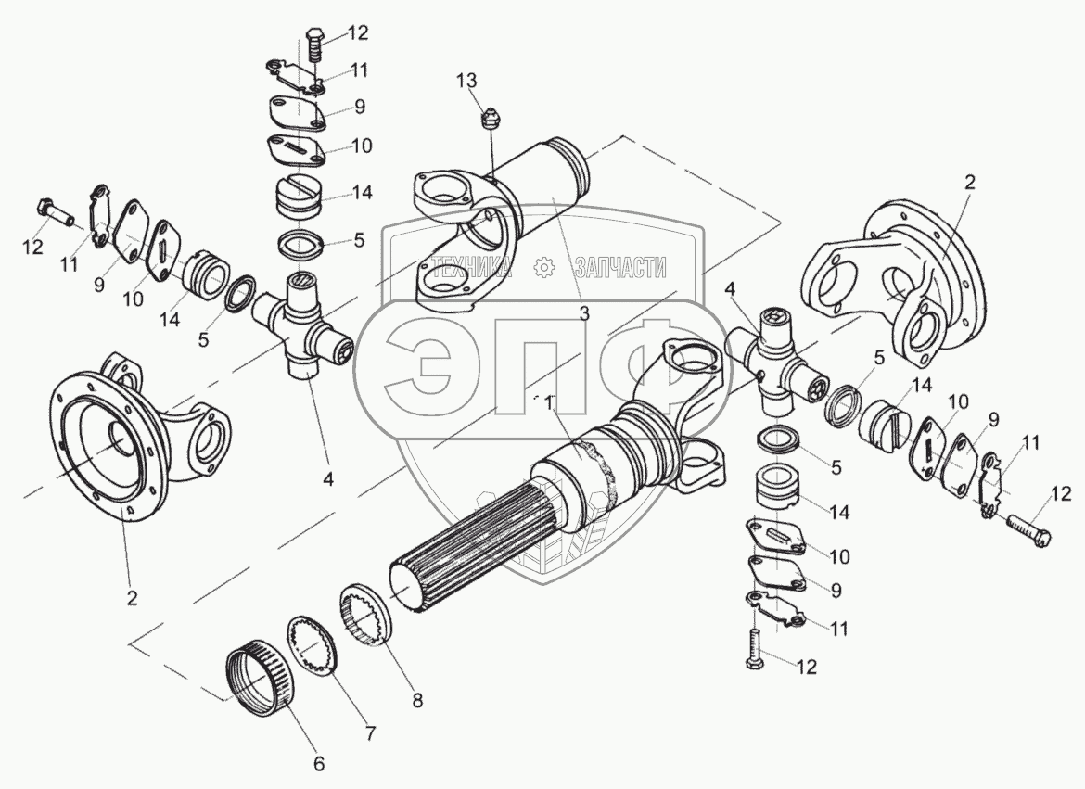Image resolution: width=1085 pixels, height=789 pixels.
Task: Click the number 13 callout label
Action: point(466,81)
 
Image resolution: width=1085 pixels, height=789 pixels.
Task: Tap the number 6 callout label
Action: point(318,763)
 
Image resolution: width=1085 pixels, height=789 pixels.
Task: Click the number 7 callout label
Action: point(370,732)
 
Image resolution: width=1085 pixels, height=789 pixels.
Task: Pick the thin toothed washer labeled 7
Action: point(313,643)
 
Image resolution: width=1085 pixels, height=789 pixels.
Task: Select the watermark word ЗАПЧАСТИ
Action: point(620,266)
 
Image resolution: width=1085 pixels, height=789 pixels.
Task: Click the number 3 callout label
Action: point(584,313)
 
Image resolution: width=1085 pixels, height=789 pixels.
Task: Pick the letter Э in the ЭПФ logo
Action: point(418,368)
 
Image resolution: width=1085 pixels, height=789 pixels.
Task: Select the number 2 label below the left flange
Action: point(133,597)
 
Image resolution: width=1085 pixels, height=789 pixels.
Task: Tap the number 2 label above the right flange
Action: point(969,182)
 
